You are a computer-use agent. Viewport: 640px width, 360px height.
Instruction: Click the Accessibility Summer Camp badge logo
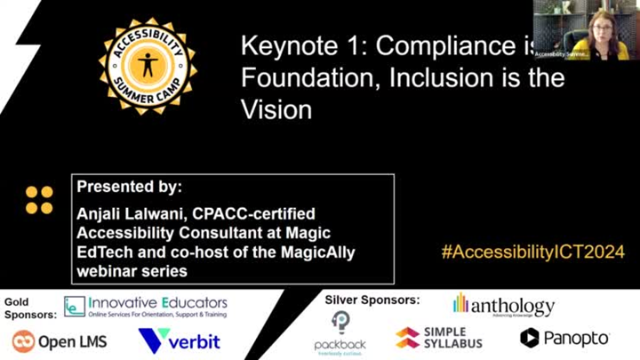pos(147,63)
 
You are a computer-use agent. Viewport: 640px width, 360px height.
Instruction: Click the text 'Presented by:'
pos(129,188)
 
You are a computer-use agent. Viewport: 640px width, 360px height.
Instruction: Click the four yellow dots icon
pos(39,200)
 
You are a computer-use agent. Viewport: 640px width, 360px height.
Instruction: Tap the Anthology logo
pos(503,305)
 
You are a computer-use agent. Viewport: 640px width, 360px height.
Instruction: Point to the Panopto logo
pos(564,338)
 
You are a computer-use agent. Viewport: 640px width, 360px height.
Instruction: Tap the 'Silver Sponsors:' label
pos(372,299)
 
